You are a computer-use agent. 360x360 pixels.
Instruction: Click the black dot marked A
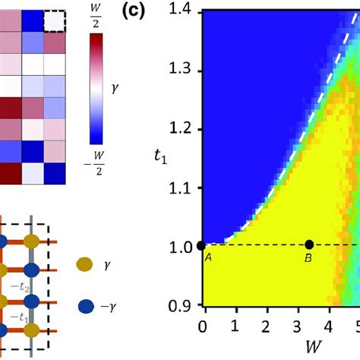201,245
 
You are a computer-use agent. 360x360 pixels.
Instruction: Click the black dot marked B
309,245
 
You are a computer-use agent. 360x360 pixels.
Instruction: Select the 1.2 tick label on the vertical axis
182,129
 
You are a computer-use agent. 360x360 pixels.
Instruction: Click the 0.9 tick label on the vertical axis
182,305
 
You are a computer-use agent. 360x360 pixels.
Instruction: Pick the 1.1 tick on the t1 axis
182,188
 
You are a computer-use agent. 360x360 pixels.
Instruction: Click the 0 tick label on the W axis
201,327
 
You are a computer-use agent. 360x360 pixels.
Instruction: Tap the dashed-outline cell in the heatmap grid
55,21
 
